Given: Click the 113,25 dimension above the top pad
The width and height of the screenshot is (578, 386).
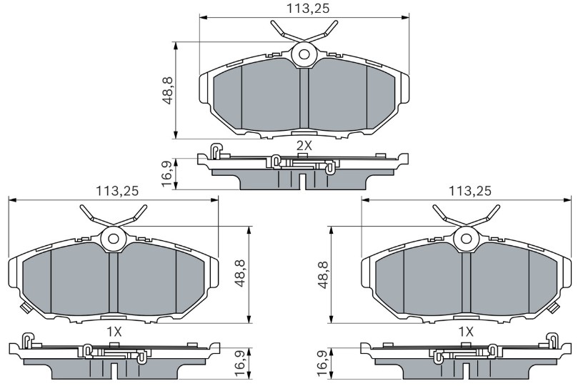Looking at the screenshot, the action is pos(308,8).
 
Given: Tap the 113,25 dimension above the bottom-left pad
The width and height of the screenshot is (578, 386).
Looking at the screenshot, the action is pos(117,191).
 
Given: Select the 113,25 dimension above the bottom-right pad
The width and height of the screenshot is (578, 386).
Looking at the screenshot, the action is pos(470,191).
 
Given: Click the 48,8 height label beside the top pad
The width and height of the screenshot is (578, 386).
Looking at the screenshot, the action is pos(169,91).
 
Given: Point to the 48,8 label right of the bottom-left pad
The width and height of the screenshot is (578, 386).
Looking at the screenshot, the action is pos(240,273).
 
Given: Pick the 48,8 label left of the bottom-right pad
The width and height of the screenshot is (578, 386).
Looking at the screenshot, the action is pos(323,275).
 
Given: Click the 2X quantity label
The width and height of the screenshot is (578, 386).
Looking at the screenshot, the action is pos(304,146).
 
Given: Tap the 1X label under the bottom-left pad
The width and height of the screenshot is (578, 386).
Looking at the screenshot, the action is pos(114,332).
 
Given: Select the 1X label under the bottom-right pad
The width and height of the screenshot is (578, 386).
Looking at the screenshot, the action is pos(466,332).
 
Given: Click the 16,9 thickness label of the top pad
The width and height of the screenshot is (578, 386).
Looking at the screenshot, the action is pos(167,174).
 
